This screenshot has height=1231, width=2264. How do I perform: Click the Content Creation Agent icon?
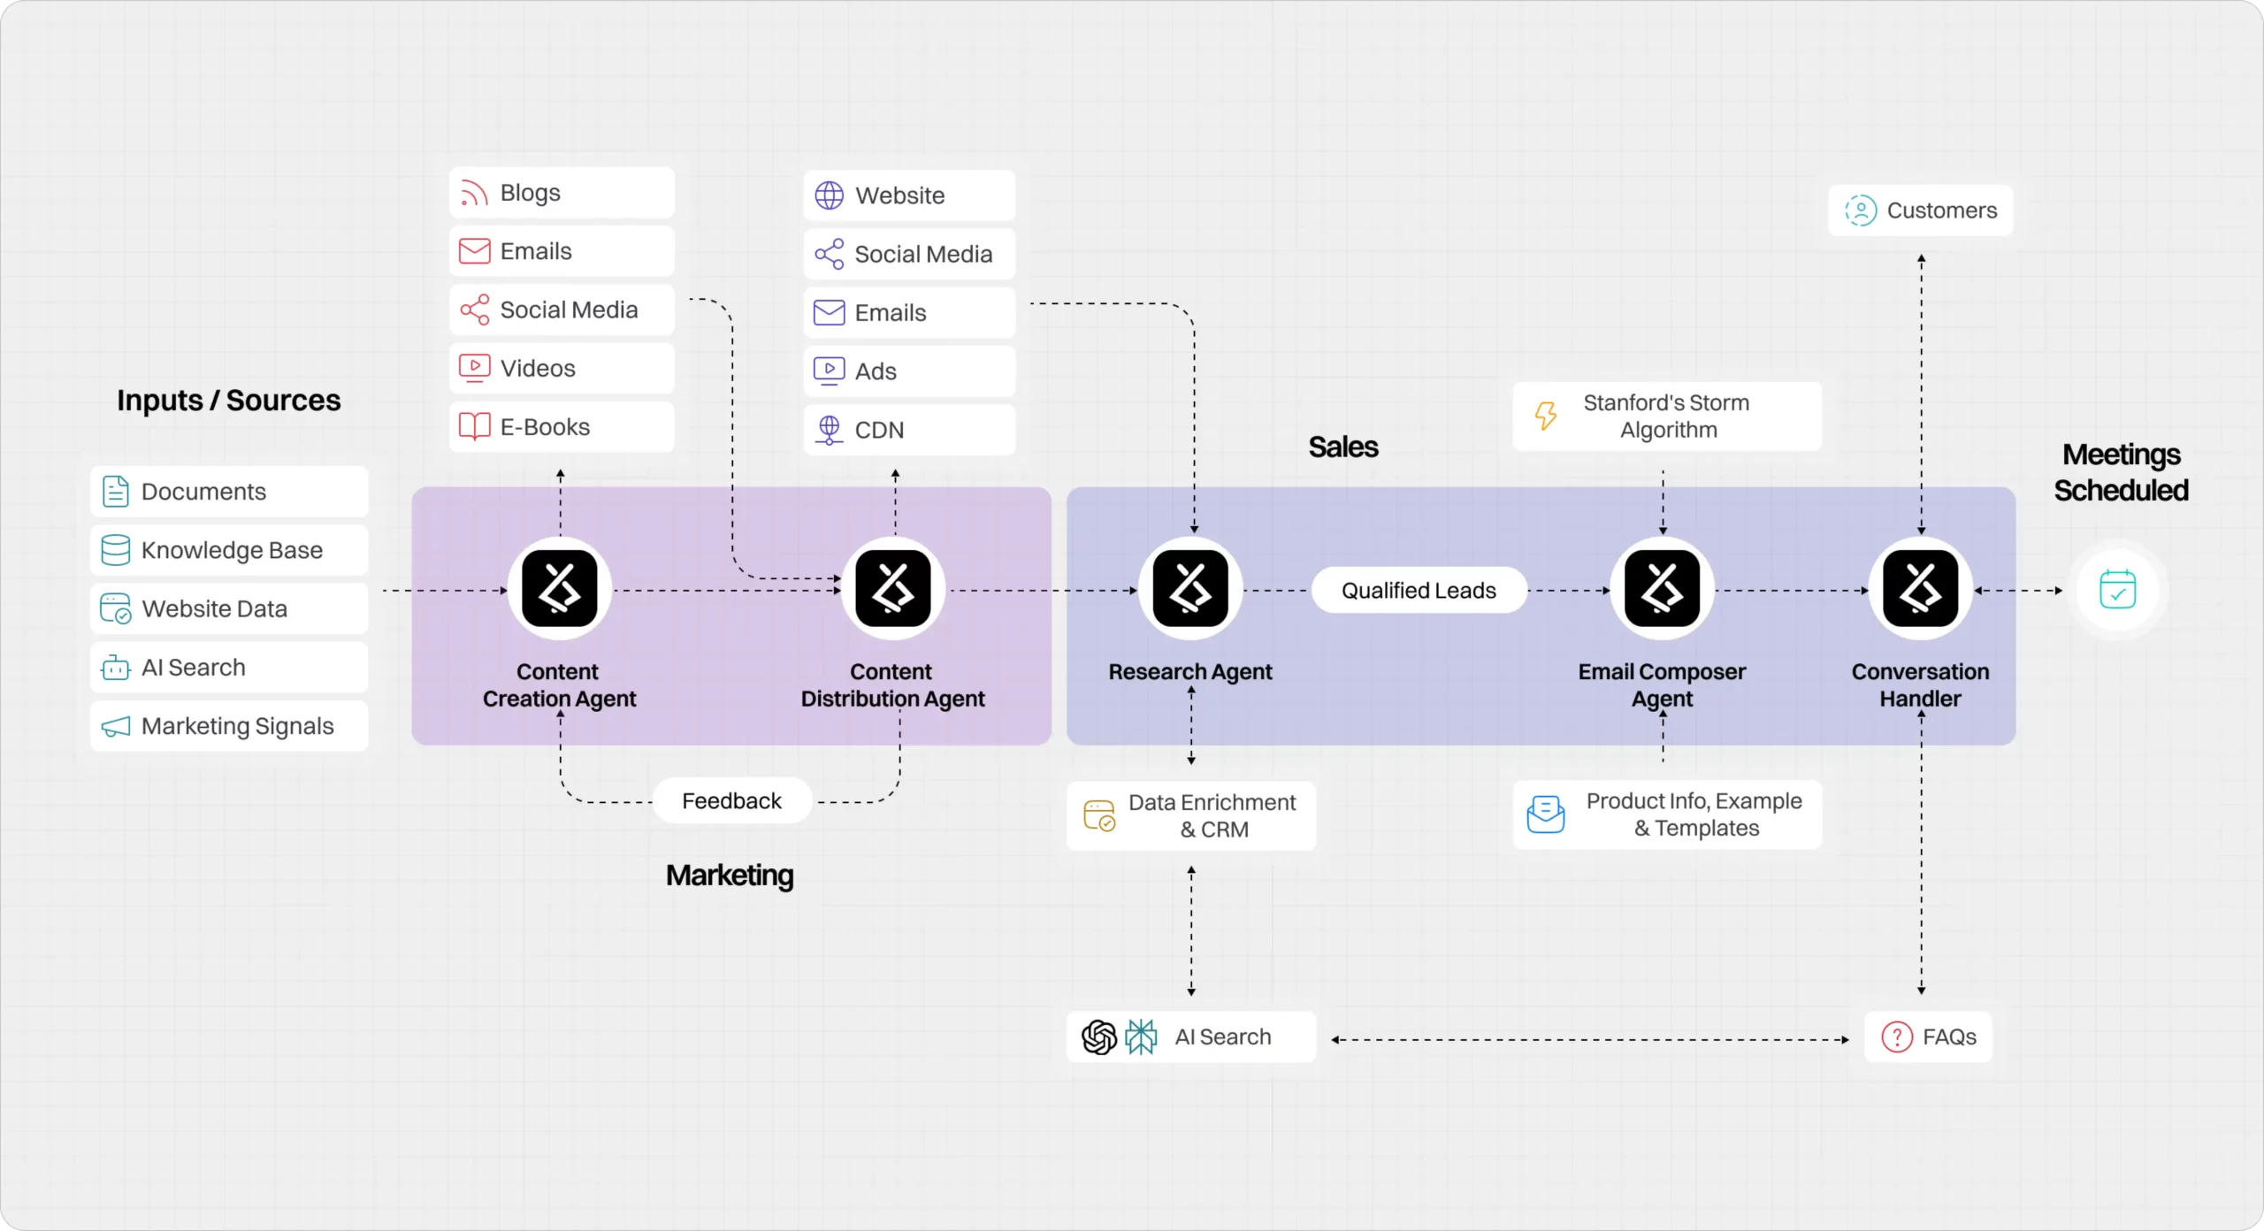point(560,589)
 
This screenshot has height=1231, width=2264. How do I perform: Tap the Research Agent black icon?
point(1190,589)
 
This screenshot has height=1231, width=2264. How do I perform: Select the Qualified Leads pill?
point(1419,591)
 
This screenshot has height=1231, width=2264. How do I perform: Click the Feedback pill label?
point(731,801)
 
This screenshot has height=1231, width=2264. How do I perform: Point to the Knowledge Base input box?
point(229,550)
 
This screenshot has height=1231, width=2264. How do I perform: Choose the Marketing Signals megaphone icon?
point(116,727)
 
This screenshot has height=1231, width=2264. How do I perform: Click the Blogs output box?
point(562,193)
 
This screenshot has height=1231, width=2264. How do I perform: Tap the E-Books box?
point(562,427)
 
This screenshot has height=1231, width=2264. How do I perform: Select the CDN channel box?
point(909,430)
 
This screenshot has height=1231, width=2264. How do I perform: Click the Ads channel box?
point(909,371)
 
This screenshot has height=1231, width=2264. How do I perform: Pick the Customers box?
point(1920,210)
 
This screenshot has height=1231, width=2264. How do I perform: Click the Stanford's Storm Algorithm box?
point(1666,417)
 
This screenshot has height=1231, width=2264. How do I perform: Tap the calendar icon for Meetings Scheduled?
point(2117,590)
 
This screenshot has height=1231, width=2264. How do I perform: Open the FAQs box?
point(1928,1036)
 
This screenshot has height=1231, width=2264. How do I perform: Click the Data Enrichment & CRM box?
point(1190,815)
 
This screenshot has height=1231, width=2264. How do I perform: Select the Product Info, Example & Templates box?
point(1666,814)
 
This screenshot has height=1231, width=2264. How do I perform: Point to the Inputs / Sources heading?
point(228,401)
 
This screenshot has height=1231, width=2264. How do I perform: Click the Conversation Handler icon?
point(1920,589)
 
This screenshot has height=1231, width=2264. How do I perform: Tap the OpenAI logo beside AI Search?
point(1099,1037)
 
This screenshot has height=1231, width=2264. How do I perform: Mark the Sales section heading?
point(1342,447)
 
